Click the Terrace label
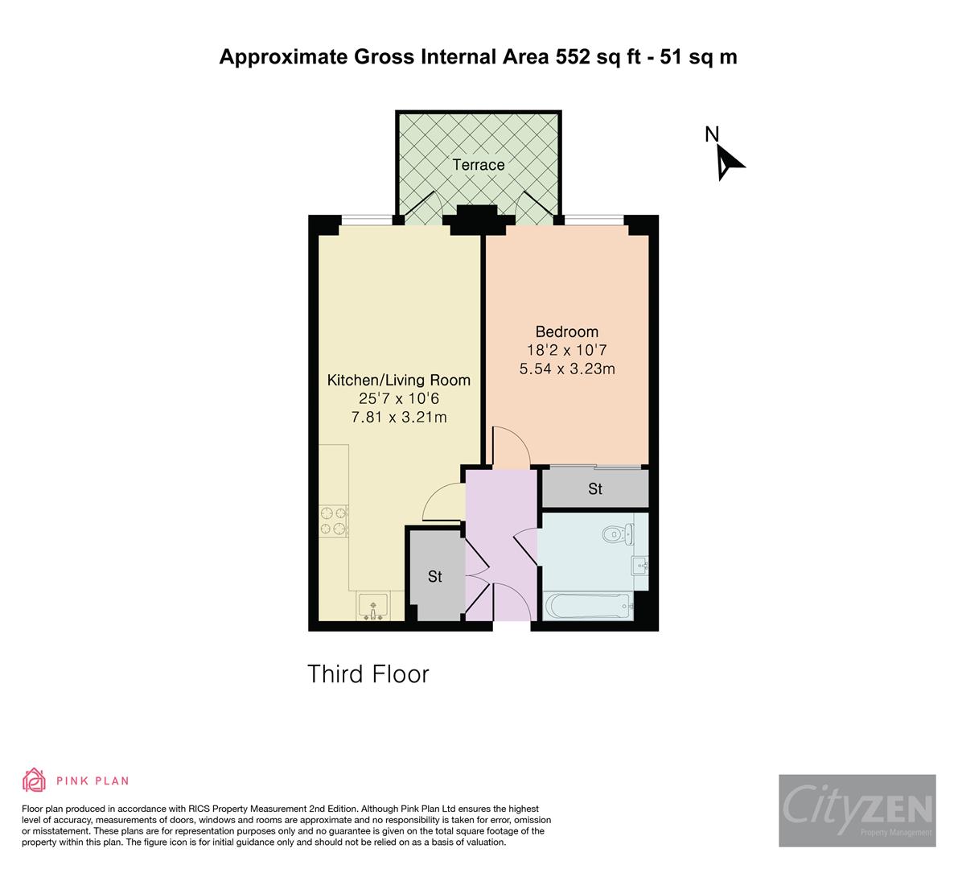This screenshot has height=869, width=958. [478, 165]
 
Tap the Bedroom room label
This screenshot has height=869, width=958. [566, 332]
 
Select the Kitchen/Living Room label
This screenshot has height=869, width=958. [398, 380]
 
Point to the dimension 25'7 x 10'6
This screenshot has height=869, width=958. [398, 398]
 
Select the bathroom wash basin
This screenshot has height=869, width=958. [640, 565]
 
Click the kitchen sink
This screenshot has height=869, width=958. [372, 606]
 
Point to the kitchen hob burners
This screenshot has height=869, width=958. [333, 520]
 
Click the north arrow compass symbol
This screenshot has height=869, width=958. [729, 162]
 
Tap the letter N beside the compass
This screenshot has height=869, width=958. [711, 134]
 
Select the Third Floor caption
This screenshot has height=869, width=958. [368, 673]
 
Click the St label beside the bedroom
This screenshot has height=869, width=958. [594, 488]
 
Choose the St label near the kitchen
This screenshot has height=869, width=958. [434, 576]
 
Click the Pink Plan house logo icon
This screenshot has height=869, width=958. [35, 780]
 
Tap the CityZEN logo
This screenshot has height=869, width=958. [857, 809]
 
